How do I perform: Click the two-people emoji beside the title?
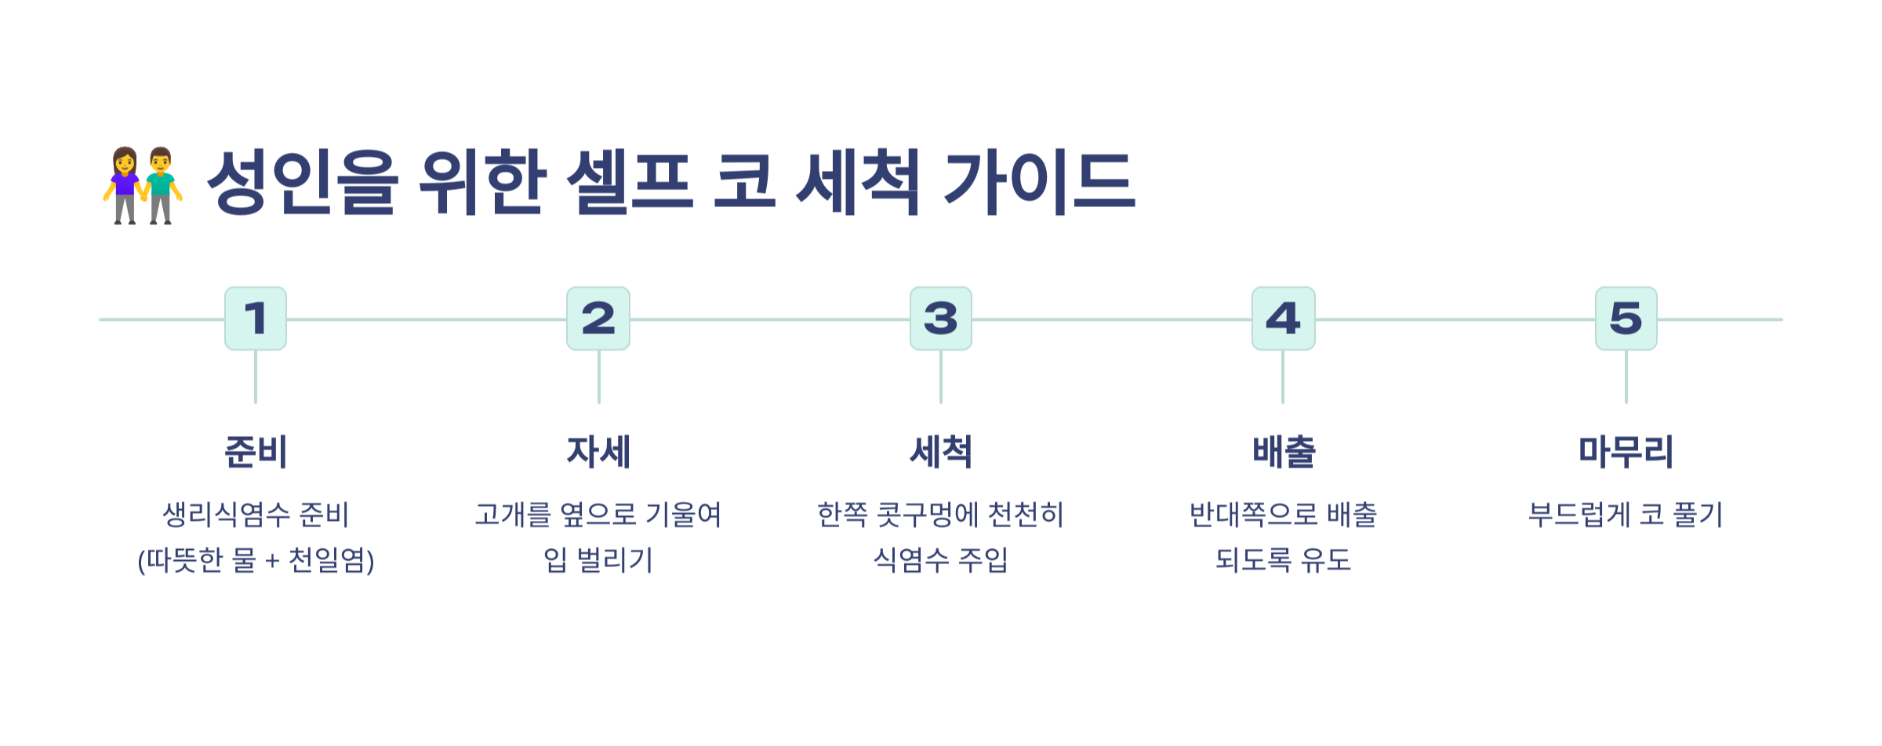(x=143, y=185)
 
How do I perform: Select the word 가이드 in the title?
(x=1039, y=182)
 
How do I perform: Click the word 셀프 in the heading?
(x=630, y=182)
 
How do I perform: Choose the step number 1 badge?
(x=256, y=318)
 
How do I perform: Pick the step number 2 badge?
(x=598, y=318)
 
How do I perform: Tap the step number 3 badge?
(x=941, y=318)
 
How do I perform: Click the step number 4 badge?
(x=1283, y=318)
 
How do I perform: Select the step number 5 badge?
(x=1626, y=318)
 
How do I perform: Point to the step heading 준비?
(x=256, y=452)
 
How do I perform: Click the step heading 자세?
(x=598, y=452)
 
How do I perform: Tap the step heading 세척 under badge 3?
(x=941, y=452)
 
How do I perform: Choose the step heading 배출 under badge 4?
(x=1283, y=452)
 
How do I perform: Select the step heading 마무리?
(x=1626, y=452)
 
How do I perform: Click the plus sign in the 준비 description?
(x=272, y=562)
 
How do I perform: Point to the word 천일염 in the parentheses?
(x=326, y=560)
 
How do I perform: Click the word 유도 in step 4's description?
(x=1326, y=560)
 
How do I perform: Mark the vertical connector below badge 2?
(x=599, y=377)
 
